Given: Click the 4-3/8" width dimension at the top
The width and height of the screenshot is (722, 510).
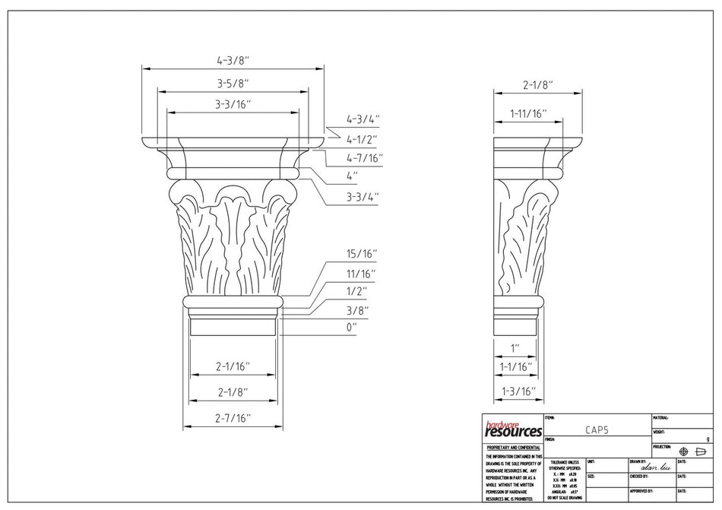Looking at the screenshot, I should point(233,60).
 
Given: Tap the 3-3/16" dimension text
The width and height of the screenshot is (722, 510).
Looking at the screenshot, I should point(233,103).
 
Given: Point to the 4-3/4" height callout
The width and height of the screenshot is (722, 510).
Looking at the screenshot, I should point(363,119).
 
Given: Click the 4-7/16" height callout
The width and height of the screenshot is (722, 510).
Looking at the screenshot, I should point(365,158).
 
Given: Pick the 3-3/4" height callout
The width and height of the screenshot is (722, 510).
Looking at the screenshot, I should point(363,196).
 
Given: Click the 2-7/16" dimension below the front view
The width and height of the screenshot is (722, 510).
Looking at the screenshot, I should point(233,417).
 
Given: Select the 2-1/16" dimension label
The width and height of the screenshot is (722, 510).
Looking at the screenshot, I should point(233,366).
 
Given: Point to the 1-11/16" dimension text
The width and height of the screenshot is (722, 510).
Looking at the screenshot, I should point(528,113).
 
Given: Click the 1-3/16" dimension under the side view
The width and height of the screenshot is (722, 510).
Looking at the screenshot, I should point(519,391).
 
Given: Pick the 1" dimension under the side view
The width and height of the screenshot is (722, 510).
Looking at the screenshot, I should point(515,348).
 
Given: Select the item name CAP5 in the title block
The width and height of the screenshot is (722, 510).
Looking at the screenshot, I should point(597,429).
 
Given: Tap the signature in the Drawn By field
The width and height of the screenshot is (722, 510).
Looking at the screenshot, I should point(655,467).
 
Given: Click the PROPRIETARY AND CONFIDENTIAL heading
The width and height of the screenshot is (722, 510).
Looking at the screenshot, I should point(512,448).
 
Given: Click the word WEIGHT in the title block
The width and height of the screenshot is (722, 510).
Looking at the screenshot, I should point(660,432).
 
